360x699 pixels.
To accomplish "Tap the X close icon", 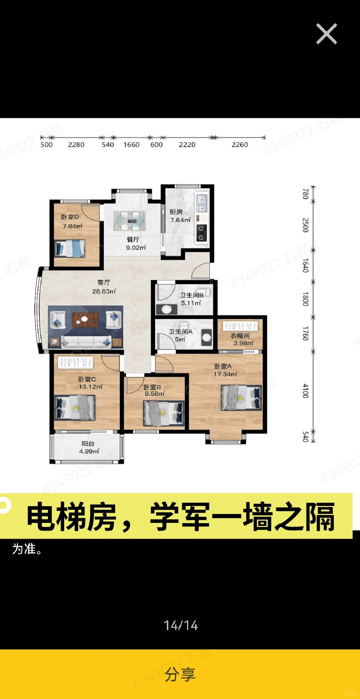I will point(326,34).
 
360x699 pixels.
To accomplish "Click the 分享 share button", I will point(180,674).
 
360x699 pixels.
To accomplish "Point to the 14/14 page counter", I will point(181,625).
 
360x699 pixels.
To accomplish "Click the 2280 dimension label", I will point(76,145).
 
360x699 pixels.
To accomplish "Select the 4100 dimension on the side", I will point(305,391).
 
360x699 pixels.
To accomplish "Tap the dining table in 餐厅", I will point(129,221).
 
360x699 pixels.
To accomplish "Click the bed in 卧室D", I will point(70,248).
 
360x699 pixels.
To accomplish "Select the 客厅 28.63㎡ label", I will point(104,287).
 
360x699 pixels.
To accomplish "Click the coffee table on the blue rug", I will point(85,320).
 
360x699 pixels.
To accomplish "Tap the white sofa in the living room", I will point(86,342).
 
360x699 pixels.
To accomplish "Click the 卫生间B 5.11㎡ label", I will point(191,299).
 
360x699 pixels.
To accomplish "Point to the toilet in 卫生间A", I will point(206,337).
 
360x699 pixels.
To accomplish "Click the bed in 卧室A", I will point(241,398).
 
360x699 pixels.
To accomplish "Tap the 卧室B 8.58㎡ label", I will point(154,390).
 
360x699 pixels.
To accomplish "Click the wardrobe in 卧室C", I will point(75,362).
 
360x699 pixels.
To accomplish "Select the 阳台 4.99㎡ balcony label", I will point(88,448).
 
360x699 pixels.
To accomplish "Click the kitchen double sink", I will point(202,203).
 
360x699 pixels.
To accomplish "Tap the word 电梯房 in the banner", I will point(72,517).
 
